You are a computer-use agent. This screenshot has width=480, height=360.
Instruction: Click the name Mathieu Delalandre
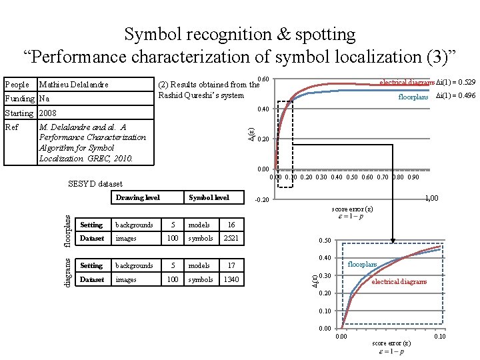(73, 85)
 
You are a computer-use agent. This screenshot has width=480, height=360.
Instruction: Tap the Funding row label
(18, 99)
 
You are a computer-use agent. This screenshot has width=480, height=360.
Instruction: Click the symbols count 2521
(231, 238)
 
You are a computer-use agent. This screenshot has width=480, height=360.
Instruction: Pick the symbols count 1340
(231, 279)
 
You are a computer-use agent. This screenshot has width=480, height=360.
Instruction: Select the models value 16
(231, 225)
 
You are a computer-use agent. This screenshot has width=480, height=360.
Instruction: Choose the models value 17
(231, 265)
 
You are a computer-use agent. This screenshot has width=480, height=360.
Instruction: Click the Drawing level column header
(138, 197)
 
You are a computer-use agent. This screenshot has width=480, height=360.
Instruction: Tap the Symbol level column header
(209, 197)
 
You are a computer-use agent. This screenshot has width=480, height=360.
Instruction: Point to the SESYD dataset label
(95, 183)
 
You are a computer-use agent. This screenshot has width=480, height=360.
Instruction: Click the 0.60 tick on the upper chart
(263, 80)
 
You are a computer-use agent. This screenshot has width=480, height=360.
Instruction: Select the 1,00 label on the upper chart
(431, 198)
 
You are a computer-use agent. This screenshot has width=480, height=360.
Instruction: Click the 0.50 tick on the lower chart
(325, 241)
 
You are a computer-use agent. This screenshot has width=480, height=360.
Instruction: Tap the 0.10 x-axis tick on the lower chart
(440, 337)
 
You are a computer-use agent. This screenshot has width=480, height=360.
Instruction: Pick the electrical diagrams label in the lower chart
(399, 281)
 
